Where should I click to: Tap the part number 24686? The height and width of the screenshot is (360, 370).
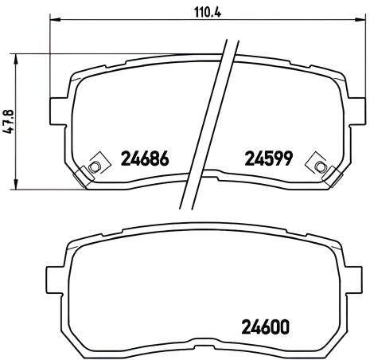tap(146, 159)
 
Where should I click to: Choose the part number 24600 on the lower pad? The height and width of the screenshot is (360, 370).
tap(261, 327)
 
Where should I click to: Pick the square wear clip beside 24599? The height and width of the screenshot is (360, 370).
tap(321, 165)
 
